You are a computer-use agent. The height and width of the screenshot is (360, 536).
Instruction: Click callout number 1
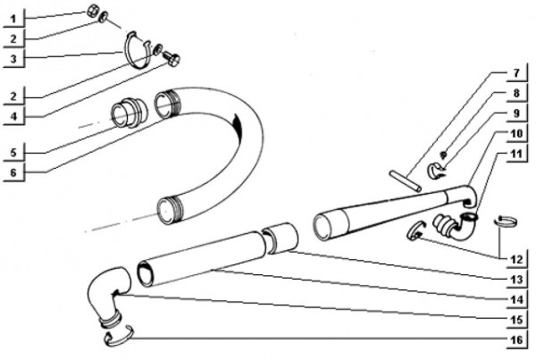(x=13, y=19)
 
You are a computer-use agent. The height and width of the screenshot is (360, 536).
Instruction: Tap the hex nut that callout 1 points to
(x=92, y=12)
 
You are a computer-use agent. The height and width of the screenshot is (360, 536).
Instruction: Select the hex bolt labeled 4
(x=172, y=58)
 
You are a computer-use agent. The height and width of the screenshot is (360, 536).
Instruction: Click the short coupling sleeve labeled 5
(x=130, y=113)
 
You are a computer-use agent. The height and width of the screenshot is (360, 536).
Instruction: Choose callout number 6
(x=13, y=172)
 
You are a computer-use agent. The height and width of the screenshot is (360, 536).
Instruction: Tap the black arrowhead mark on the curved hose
(x=238, y=127)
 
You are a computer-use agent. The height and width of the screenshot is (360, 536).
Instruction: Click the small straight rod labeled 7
(x=405, y=181)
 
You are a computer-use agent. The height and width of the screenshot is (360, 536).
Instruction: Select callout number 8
(x=515, y=93)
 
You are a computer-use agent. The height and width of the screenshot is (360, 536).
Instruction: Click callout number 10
(x=515, y=133)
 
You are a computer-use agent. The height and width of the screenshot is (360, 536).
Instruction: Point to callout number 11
(x=515, y=153)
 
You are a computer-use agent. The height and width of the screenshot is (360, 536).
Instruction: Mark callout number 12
(x=515, y=259)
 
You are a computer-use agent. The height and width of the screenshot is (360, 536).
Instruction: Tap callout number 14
(x=515, y=300)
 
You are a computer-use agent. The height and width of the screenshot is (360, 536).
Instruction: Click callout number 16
(x=515, y=339)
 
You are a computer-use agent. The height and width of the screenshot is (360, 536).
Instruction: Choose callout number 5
(x=13, y=153)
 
